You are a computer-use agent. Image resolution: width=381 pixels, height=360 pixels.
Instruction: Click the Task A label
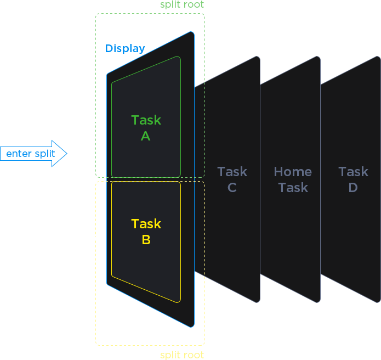click(x=146, y=128)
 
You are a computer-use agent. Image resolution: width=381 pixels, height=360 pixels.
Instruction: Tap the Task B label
click(x=146, y=232)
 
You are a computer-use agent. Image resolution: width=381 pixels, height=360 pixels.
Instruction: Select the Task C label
click(x=232, y=179)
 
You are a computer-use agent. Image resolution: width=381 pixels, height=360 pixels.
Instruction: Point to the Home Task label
click(x=293, y=179)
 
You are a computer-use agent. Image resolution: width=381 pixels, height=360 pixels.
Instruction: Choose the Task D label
click(x=353, y=179)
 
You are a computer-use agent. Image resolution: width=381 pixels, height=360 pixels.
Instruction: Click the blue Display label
click(x=125, y=48)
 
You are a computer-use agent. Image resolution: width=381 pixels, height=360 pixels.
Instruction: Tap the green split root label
click(x=182, y=5)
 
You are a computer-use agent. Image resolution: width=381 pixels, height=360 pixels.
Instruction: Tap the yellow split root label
click(x=182, y=355)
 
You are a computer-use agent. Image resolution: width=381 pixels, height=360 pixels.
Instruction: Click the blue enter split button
click(x=31, y=154)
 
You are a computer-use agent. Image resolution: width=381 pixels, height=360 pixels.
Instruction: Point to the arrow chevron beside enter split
click(x=65, y=154)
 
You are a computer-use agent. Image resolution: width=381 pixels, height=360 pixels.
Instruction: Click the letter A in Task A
click(x=145, y=136)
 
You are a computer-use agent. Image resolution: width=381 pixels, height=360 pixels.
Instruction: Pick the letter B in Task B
click(x=146, y=240)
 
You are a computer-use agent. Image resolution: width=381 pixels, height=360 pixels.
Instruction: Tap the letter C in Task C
click(x=232, y=188)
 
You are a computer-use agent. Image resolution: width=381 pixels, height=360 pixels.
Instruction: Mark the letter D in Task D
click(x=353, y=188)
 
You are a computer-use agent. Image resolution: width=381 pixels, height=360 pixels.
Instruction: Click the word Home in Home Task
click(x=293, y=172)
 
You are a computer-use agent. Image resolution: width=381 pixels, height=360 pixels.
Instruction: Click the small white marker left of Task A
click(x=96, y=120)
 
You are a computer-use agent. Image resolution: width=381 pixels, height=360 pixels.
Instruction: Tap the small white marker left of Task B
click(x=96, y=238)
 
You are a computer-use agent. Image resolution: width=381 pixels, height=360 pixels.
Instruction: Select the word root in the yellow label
click(x=194, y=355)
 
